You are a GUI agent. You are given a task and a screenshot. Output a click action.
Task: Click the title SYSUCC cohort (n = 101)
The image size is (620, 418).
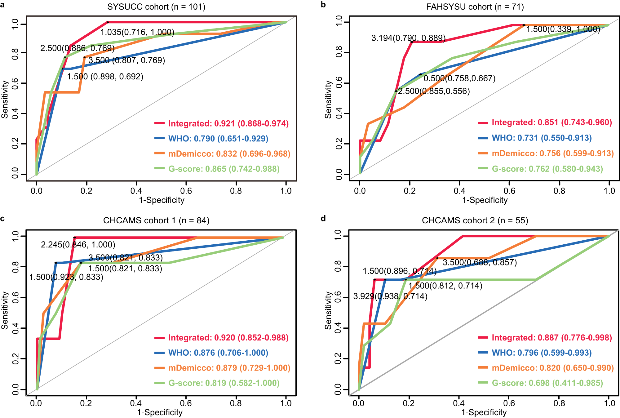point(156,7)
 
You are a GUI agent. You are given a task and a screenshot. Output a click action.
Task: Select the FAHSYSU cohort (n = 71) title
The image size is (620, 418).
point(475,7)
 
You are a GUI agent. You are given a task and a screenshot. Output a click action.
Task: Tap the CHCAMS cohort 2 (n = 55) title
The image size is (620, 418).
point(475,220)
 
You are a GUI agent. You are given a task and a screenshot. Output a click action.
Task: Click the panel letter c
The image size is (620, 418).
point(2,219)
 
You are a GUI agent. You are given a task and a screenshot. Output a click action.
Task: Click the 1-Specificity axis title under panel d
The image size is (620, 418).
point(484,412)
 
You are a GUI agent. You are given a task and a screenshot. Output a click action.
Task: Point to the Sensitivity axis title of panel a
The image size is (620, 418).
point(4,99)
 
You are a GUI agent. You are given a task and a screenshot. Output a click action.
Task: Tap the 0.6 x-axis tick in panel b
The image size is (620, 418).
point(509,191)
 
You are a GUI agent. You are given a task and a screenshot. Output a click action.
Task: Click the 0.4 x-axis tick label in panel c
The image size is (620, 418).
point(136,403)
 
